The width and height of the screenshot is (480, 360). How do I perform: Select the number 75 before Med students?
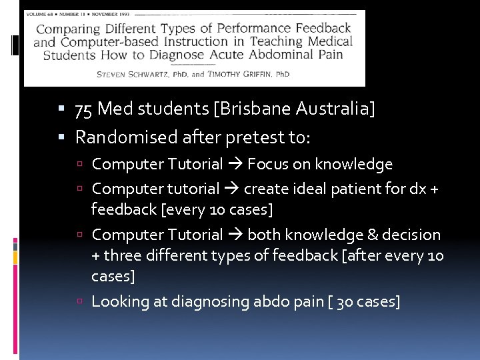pos(84,109)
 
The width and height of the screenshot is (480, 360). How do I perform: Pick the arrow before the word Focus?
pos(235,164)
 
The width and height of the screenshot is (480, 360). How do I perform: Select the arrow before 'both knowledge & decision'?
pos(235,235)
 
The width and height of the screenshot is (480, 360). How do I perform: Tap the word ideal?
pos(313,189)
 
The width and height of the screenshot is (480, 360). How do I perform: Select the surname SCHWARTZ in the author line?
pos(151,74)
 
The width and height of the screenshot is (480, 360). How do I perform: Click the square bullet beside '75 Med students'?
pos(61,109)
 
